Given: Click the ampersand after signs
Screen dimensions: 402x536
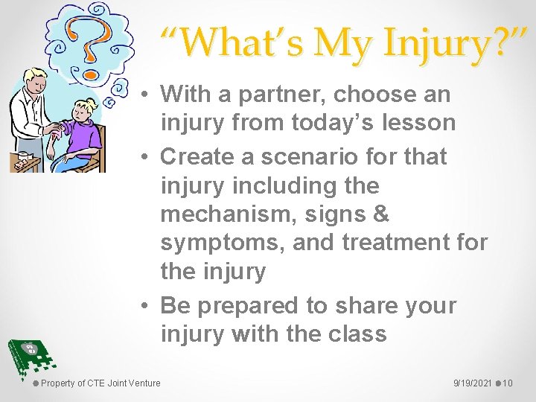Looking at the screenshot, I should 380,214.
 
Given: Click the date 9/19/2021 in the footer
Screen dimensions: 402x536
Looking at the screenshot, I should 471,383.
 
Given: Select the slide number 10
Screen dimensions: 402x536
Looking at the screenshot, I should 508,383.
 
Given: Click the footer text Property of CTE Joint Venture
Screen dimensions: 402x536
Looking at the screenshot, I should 100,383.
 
